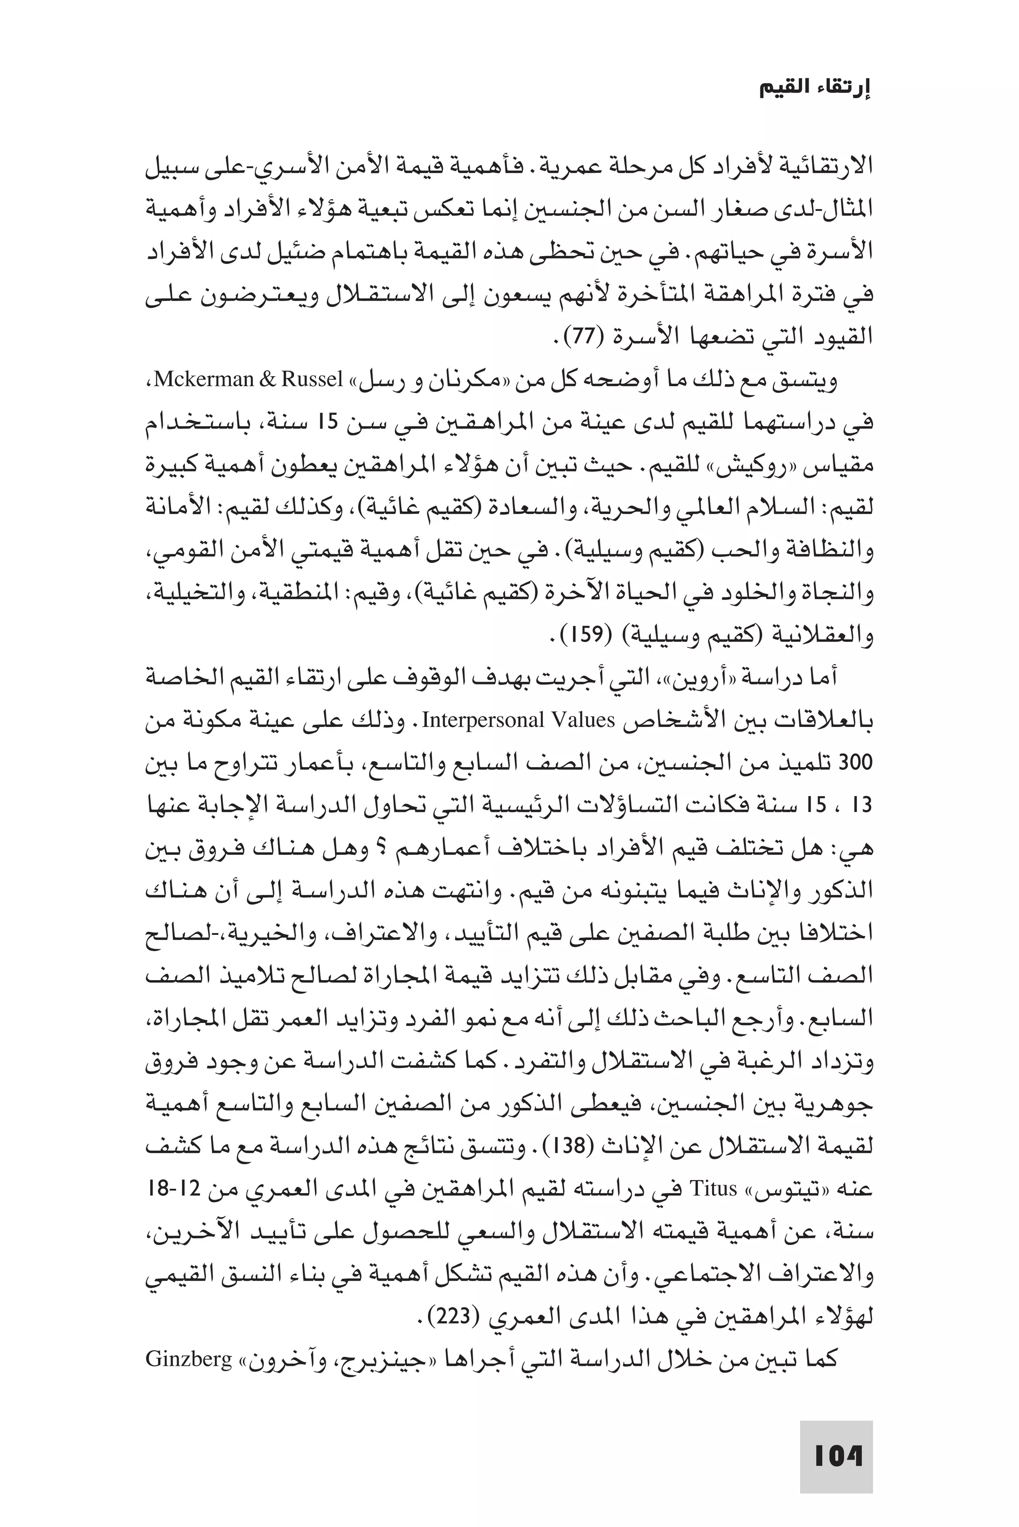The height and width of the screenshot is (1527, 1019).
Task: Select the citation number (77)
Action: click(582, 336)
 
